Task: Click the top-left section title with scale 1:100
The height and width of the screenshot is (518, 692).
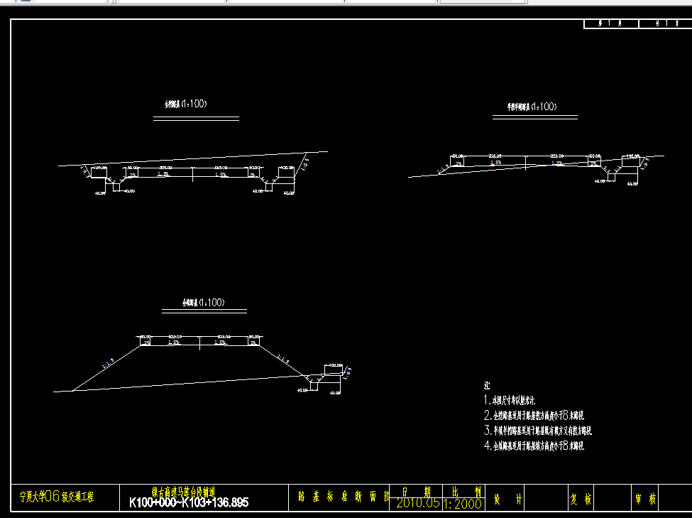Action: [x=186, y=104]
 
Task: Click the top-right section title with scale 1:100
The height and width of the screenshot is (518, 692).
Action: [x=527, y=107]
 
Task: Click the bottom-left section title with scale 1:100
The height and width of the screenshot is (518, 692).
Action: [x=204, y=303]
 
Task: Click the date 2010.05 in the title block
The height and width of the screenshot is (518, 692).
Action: [x=418, y=503]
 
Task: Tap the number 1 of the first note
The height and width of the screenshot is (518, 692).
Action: [x=487, y=401]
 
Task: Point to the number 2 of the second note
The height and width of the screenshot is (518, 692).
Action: [x=487, y=416]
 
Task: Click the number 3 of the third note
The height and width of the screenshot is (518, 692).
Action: [x=487, y=431]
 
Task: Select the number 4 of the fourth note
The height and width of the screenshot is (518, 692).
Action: [x=487, y=446]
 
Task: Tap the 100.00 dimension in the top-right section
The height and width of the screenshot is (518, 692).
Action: [x=632, y=156]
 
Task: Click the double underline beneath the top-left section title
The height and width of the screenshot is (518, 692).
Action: [x=197, y=119]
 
